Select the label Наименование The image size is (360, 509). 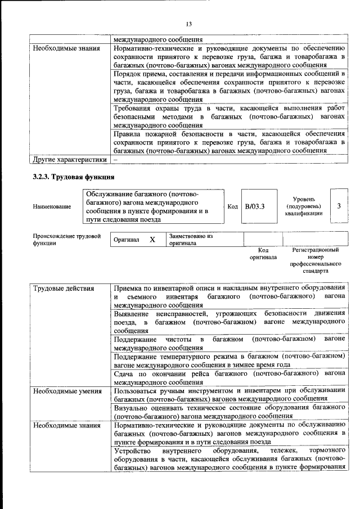(52, 207)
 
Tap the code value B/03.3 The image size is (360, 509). (255, 206)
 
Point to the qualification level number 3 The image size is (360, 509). (339, 206)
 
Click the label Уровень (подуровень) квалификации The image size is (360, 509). (307, 206)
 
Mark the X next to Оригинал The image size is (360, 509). (152, 240)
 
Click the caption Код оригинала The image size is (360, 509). (263, 254)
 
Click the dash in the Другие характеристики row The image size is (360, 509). (115, 160)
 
